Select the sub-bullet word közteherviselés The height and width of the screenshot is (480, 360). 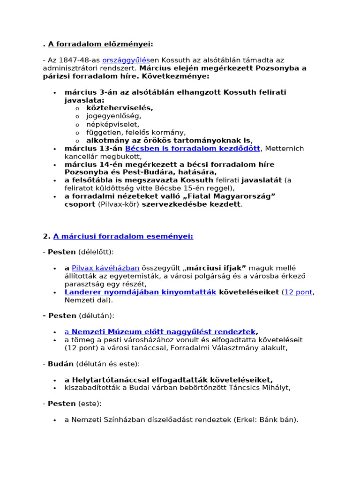(x=120, y=108)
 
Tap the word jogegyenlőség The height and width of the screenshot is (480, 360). (x=113, y=116)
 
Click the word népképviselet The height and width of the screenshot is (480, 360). (x=112, y=124)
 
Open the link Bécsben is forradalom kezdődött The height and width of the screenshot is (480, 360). (x=193, y=149)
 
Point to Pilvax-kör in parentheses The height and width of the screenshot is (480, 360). (x=117, y=204)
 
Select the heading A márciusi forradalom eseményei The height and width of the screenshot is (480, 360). (x=123, y=236)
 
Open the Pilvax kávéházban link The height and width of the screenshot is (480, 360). (x=105, y=268)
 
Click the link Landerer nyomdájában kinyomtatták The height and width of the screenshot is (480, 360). (x=141, y=292)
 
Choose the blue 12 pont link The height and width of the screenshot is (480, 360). (x=298, y=292)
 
